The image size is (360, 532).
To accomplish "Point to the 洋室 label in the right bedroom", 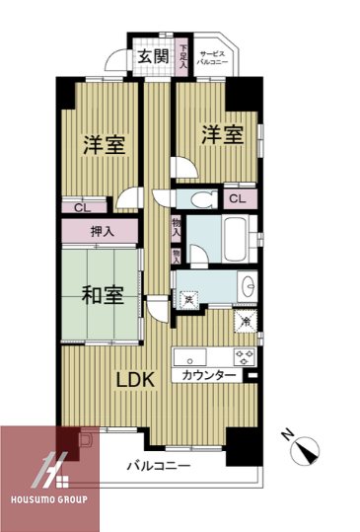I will tap(222, 135).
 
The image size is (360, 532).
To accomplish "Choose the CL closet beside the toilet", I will tap(237, 198).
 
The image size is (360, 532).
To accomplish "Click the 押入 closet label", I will tap(102, 232).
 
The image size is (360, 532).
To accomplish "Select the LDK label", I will tap(134, 379).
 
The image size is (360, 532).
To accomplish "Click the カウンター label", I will tap(208, 376).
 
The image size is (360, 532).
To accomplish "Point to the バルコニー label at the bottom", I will tap(158, 465).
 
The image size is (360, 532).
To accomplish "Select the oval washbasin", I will tap(247, 288).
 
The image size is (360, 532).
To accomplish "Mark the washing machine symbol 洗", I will tap(188, 295).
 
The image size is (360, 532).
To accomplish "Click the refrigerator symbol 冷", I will tap(243, 322).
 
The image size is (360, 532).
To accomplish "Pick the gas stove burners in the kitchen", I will tap(243, 355).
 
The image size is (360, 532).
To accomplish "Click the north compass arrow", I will tap(309, 449).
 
